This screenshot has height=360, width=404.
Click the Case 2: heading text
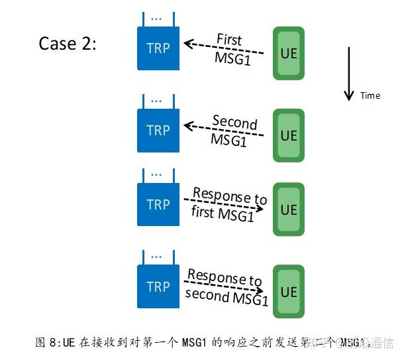[68, 44]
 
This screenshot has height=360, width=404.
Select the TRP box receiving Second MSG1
[158, 131]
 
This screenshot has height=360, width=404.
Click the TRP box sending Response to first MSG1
[158, 205]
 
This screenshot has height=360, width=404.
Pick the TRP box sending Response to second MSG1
[158, 286]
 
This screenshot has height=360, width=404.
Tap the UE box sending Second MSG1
[289, 135]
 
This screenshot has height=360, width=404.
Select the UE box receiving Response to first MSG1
[289, 210]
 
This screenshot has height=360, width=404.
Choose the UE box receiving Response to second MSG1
[289, 292]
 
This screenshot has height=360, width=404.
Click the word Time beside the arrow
[370, 95]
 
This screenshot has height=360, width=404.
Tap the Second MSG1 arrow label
[232, 131]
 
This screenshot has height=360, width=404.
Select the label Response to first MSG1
[227, 205]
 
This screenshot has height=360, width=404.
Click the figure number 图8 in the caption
[47, 343]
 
